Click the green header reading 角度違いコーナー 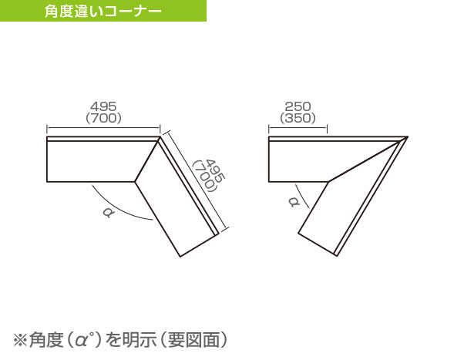(x=103, y=11)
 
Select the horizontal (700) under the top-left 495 (x=103, y=118)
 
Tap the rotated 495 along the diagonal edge (x=215, y=171)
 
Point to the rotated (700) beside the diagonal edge (x=205, y=177)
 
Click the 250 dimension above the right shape (x=298, y=106)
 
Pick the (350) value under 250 (x=298, y=118)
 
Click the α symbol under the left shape (x=108, y=213)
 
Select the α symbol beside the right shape (x=294, y=201)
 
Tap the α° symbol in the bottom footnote (x=85, y=339)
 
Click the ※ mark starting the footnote (x=21, y=340)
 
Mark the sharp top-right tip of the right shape (x=408, y=136)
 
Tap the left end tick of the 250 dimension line (x=269, y=130)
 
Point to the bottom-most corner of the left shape (x=180, y=257)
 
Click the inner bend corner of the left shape (x=135, y=182)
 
